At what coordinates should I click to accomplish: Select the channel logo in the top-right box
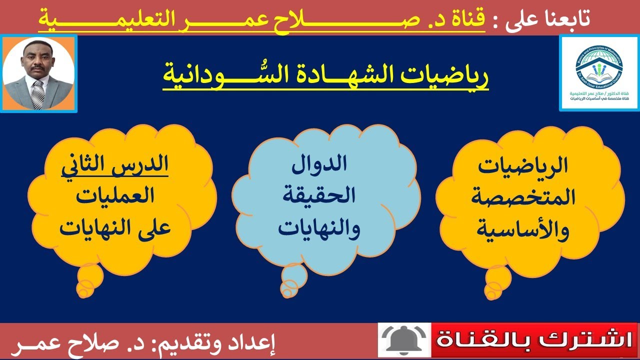click(x=598, y=72)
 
